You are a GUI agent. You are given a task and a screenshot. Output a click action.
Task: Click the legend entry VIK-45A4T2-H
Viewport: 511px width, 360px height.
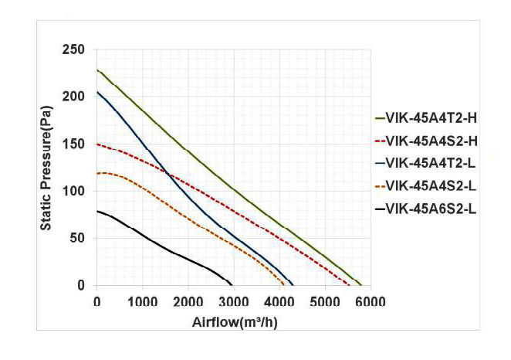point(425,118)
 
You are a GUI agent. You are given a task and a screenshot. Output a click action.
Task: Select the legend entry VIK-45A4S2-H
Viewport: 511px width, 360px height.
point(425,141)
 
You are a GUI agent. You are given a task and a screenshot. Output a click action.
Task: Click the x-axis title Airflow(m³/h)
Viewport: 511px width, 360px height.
point(235,321)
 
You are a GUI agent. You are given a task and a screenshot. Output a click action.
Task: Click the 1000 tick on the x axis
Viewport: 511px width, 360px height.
point(142,301)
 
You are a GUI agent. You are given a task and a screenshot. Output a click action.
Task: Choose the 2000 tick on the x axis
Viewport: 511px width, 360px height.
point(188,301)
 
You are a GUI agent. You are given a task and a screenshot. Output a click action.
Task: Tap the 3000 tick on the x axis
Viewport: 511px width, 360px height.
point(233,301)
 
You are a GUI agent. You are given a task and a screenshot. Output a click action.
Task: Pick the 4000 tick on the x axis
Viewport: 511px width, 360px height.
point(279,301)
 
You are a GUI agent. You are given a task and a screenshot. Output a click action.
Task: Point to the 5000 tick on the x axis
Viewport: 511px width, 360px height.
point(324,301)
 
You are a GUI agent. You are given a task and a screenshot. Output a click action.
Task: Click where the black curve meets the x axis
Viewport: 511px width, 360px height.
point(232,285)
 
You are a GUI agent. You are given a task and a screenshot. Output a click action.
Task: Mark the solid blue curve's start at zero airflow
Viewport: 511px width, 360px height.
point(97,93)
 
